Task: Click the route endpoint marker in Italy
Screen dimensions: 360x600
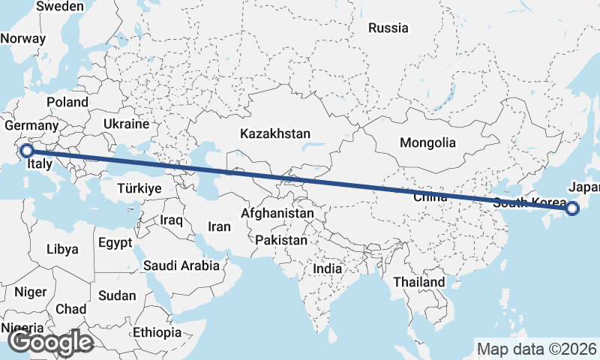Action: tap(25, 151)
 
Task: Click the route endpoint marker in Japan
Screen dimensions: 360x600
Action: tap(572, 208)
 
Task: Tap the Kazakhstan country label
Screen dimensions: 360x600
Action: tap(275, 133)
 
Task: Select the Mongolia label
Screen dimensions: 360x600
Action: tap(427, 142)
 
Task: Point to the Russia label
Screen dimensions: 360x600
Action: tap(388, 28)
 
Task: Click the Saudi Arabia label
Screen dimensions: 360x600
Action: tap(181, 265)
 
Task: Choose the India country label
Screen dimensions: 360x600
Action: tap(327, 268)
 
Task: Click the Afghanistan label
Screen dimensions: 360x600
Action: tap(277, 213)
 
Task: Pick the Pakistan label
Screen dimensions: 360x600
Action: tap(281, 240)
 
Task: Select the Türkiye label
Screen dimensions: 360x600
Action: tap(139, 189)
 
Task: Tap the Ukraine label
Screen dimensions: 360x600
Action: tap(127, 124)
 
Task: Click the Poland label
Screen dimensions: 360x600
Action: tap(67, 102)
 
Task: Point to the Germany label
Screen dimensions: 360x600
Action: tap(31, 126)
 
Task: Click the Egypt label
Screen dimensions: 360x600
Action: tap(115, 242)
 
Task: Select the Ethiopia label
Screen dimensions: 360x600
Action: tap(157, 331)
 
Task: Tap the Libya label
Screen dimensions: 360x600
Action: tap(62, 249)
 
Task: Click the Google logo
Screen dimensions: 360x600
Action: tap(50, 342)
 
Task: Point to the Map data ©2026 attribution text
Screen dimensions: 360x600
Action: tap(537, 349)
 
